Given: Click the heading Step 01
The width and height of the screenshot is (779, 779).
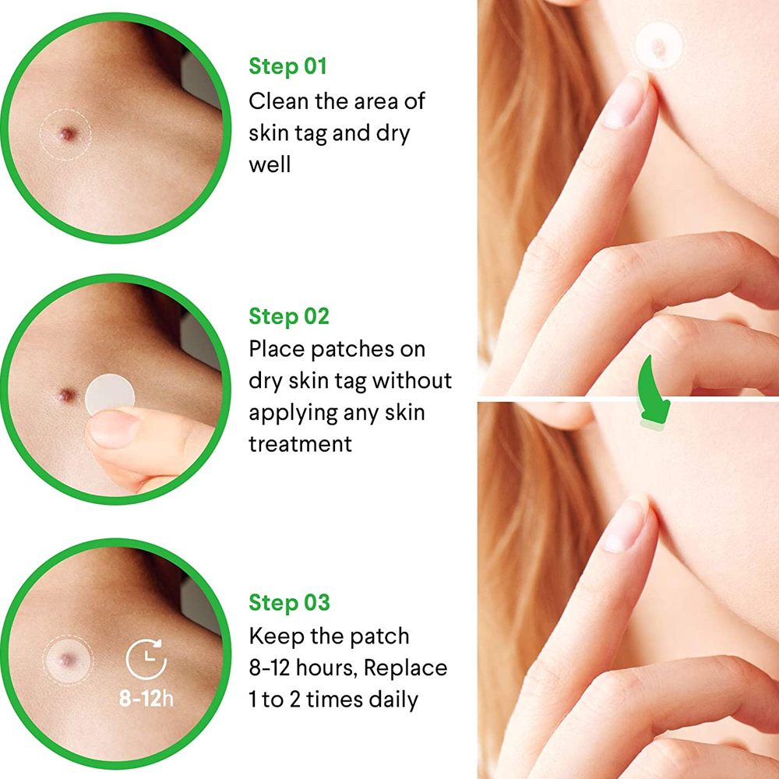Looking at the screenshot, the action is tap(287, 66).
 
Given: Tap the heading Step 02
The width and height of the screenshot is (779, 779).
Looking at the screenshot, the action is tap(289, 316).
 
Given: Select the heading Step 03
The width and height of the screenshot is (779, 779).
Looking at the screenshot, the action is tap(289, 602).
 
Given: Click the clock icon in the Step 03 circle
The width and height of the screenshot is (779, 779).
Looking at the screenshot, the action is tap(146, 659).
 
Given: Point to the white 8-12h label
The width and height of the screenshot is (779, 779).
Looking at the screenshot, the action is tap(146, 699).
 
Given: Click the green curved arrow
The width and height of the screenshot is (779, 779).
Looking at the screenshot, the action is tap(652, 393).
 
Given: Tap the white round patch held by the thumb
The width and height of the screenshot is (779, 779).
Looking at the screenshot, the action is tap(110, 394).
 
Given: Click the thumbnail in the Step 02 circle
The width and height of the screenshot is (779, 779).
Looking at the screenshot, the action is tap(113, 427).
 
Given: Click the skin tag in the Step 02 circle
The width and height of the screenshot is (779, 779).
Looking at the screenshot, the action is tap(66, 396).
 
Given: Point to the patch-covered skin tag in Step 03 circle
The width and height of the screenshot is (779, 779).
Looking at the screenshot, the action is tap(67, 660).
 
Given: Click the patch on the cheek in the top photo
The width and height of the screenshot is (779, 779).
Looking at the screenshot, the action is tap(659, 48).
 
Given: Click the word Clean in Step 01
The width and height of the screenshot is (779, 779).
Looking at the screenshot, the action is tap(278, 100).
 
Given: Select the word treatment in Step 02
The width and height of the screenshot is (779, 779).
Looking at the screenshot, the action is tap(300, 444).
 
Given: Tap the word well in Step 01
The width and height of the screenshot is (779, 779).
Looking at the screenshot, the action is tap(270, 164).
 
